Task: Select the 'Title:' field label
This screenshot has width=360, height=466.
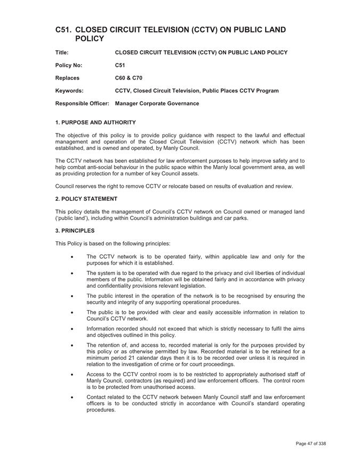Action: [x=62, y=52]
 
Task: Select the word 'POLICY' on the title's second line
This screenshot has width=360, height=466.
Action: [x=90, y=39]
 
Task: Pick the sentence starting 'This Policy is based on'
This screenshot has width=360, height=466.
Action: [x=113, y=243]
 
